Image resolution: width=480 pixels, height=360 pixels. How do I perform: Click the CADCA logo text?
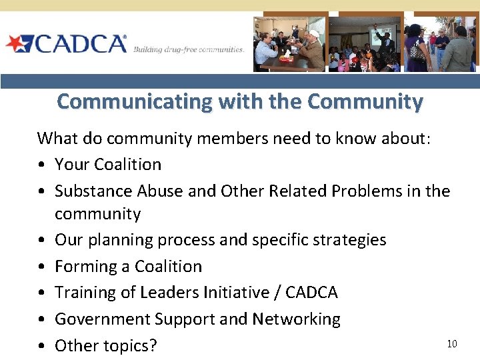[x=80, y=44]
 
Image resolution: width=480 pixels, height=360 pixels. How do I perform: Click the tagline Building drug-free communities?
[x=189, y=50]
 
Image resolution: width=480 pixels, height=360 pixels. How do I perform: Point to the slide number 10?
[x=452, y=343]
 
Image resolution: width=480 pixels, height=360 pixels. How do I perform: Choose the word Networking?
[x=296, y=319]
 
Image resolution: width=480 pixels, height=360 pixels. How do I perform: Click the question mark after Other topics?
[x=153, y=345]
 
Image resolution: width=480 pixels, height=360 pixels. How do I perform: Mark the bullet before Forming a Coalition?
[x=42, y=266]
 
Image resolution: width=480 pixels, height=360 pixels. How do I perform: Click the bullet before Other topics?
[x=42, y=345]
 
